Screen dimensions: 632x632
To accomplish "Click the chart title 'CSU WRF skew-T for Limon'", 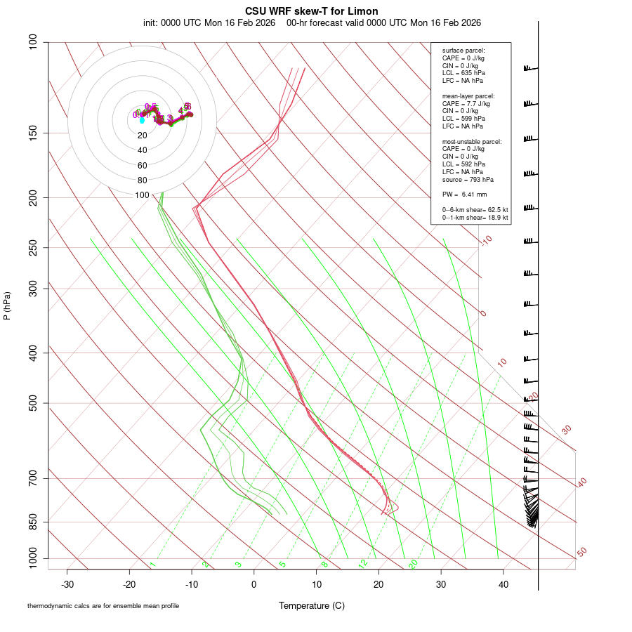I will tap(312, 11).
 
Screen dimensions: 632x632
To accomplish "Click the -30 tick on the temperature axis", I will tap(67, 584).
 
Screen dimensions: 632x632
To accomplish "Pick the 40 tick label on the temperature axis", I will tap(503, 584).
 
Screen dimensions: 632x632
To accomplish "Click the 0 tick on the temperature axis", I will tap(254, 584).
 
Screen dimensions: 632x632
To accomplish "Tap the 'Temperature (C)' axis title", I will tap(312, 605).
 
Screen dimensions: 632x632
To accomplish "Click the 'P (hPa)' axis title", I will tap(8, 305).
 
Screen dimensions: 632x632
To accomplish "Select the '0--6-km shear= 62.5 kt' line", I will tap(475, 209).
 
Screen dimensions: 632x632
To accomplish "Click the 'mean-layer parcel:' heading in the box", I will tap(468, 96).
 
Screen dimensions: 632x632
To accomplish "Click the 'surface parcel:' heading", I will tap(463, 51).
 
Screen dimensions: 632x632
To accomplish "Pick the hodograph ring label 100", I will tap(143, 195).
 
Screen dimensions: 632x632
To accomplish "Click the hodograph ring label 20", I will tap(143, 136).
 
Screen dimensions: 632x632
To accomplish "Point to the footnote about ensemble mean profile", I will tap(108, 605).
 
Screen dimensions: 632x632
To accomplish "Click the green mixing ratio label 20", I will tap(413, 564).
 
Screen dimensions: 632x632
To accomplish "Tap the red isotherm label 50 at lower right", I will tap(581, 553).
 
